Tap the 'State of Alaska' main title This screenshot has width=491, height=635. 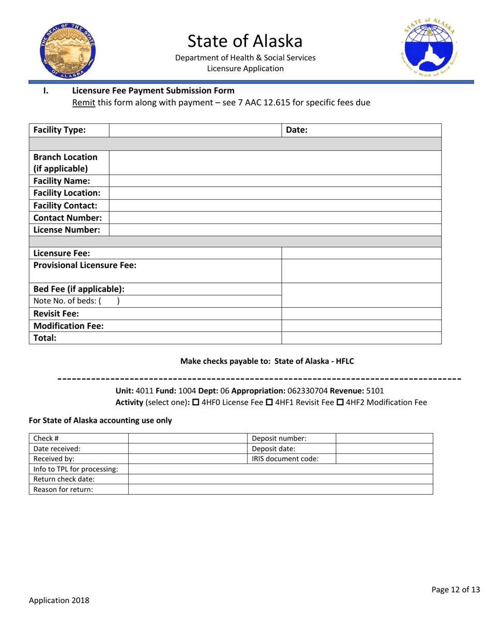click(x=245, y=40)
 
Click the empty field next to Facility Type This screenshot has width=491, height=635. click(x=195, y=130)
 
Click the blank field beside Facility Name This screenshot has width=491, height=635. click(x=275, y=181)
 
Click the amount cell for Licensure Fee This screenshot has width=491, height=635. click(x=361, y=253)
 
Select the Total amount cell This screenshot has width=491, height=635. click(x=361, y=338)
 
